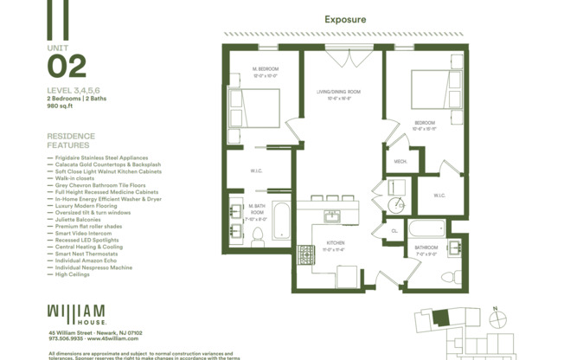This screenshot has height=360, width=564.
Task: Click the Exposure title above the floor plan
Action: (345, 19)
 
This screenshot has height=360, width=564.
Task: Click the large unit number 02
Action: (67, 67)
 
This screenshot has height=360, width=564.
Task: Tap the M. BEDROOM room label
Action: (264, 71)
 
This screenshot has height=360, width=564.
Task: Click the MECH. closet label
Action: (401, 161)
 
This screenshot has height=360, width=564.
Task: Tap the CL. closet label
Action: (394, 230)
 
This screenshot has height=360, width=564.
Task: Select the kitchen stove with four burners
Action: (307, 255)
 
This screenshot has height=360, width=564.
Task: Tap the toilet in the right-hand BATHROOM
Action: (449, 277)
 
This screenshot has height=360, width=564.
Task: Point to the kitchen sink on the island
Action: (333, 215)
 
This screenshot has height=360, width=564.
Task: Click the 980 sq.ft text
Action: (60, 106)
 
